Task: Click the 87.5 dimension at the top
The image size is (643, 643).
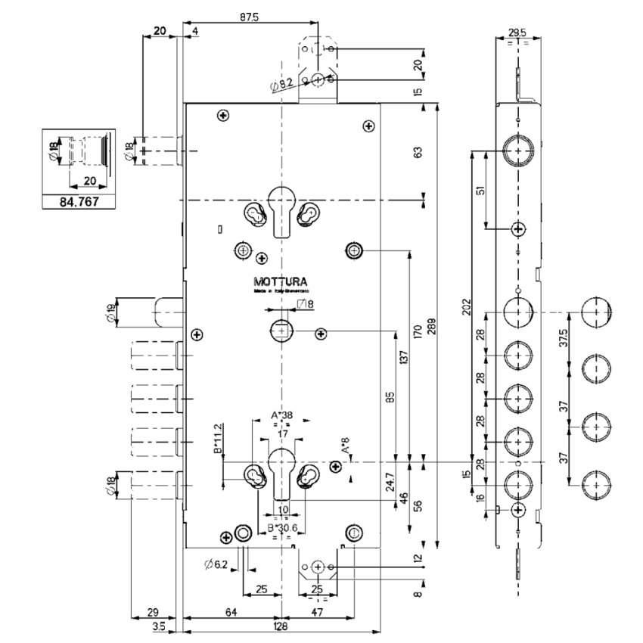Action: [247, 17]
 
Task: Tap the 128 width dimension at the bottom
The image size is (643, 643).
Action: [281, 627]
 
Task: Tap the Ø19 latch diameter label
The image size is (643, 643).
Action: [112, 312]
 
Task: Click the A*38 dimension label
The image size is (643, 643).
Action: [281, 415]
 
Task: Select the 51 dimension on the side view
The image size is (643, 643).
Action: [479, 190]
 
